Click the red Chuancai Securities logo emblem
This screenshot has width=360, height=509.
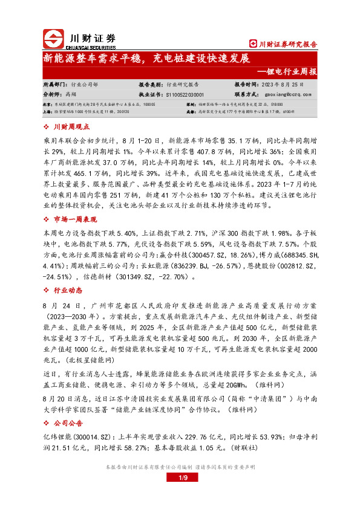(x=54, y=39)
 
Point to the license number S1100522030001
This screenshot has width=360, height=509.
(x=185, y=94)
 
